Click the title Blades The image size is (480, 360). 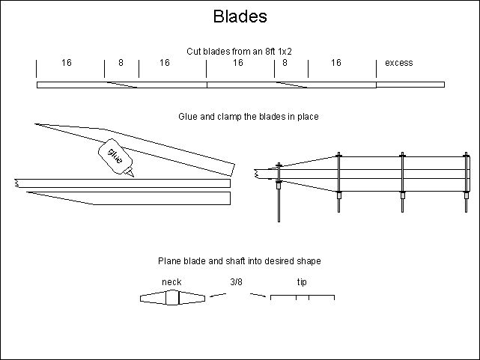(240, 16)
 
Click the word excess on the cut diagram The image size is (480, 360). (399, 63)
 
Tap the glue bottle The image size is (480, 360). (115, 156)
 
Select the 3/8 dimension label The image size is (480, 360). (237, 282)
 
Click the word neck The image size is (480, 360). (171, 282)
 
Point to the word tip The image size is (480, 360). (302, 282)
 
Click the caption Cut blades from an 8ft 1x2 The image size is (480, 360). (239, 51)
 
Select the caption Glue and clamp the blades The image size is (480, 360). (239, 117)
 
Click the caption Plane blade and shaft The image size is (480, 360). (239, 261)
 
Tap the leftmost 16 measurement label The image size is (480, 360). (67, 63)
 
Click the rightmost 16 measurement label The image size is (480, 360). (336, 63)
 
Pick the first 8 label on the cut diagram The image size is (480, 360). (121, 63)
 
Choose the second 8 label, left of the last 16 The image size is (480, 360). (285, 63)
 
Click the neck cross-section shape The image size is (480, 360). (172, 298)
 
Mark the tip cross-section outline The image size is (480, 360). (302, 297)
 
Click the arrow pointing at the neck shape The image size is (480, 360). (218, 296)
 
